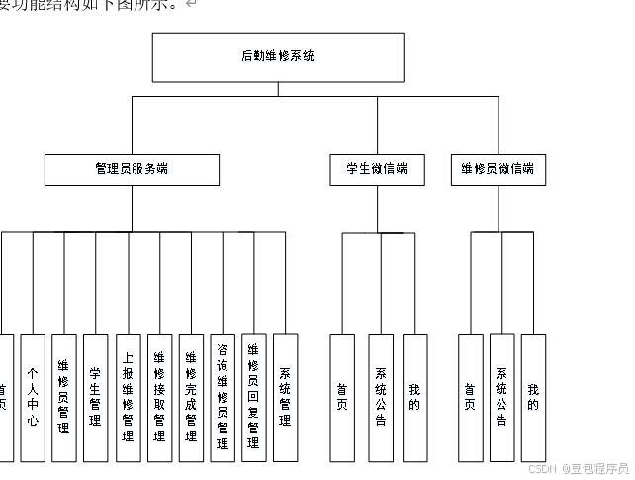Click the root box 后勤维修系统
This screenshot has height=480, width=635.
[278, 57]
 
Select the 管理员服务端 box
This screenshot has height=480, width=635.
[132, 170]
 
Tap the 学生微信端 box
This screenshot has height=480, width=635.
[377, 170]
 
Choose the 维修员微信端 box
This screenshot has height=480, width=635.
[497, 170]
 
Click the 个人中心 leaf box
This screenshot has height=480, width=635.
[33, 398]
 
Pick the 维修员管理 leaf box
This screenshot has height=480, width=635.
[64, 398]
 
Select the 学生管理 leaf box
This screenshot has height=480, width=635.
[96, 398]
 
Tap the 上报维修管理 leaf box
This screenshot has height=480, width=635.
[128, 398]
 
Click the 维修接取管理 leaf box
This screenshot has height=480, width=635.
[159, 398]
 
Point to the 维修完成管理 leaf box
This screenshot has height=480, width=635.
[191, 398]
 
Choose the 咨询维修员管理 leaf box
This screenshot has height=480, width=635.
[223, 398]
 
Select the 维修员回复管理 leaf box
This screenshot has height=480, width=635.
[254, 398]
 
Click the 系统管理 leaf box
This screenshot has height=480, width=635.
[285, 398]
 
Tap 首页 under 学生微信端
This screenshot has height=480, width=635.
[342, 398]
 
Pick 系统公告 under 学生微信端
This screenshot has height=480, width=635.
[381, 398]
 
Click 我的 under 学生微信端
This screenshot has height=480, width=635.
[414, 398]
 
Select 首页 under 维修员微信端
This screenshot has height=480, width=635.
[471, 398]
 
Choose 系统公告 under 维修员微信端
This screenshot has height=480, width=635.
[501, 398]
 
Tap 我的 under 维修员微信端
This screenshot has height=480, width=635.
[533, 398]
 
